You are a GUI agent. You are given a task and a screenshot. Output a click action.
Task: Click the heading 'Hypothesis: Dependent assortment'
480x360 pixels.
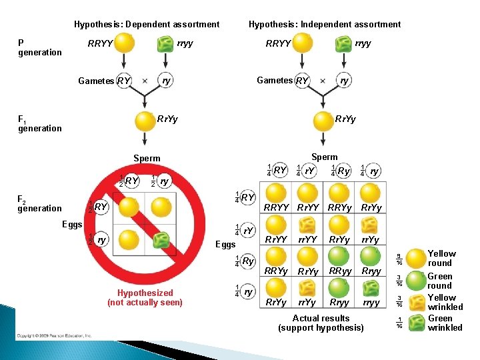(x=147, y=25)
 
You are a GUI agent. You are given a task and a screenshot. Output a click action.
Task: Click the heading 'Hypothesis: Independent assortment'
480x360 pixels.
(x=325, y=25)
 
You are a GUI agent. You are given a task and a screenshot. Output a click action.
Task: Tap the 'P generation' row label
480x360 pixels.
(x=39, y=47)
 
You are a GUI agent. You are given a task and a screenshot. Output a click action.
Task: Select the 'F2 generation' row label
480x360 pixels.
(x=39, y=203)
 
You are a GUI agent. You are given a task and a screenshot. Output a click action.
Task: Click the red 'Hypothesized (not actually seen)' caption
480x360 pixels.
(x=145, y=297)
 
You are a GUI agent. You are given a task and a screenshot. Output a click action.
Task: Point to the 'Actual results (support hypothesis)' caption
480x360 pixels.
(x=321, y=323)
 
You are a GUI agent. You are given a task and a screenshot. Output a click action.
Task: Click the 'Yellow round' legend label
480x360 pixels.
(x=441, y=258)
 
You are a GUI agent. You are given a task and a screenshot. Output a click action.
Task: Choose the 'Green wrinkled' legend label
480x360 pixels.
(x=445, y=323)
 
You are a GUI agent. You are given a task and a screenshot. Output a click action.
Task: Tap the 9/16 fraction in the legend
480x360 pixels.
(x=399, y=258)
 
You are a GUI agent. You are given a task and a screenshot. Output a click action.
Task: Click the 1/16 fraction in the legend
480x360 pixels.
(x=399, y=323)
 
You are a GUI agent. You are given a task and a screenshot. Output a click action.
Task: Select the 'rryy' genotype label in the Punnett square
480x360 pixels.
(x=371, y=302)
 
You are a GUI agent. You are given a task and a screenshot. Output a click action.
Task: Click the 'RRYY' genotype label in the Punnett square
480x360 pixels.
(x=277, y=207)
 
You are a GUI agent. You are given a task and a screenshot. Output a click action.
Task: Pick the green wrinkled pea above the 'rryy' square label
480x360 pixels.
(x=371, y=287)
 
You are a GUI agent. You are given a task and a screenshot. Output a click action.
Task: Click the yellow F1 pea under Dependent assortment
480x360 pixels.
(x=145, y=121)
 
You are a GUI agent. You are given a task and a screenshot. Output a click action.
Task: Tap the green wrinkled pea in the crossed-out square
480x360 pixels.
(x=161, y=239)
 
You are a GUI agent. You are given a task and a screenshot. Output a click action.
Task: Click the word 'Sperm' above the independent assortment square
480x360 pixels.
(x=325, y=157)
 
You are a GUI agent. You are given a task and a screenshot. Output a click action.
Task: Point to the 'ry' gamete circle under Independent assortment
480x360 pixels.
(x=344, y=81)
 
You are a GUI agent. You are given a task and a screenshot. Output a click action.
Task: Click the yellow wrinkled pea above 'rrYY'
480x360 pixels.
(x=307, y=225)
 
